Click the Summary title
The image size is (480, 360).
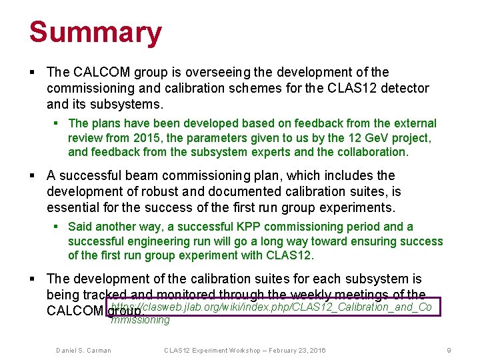point(95,32)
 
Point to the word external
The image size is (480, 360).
point(413,123)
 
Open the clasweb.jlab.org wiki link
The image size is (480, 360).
point(273,307)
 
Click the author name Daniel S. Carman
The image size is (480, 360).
point(83,351)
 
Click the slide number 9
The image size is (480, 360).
point(449,351)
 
